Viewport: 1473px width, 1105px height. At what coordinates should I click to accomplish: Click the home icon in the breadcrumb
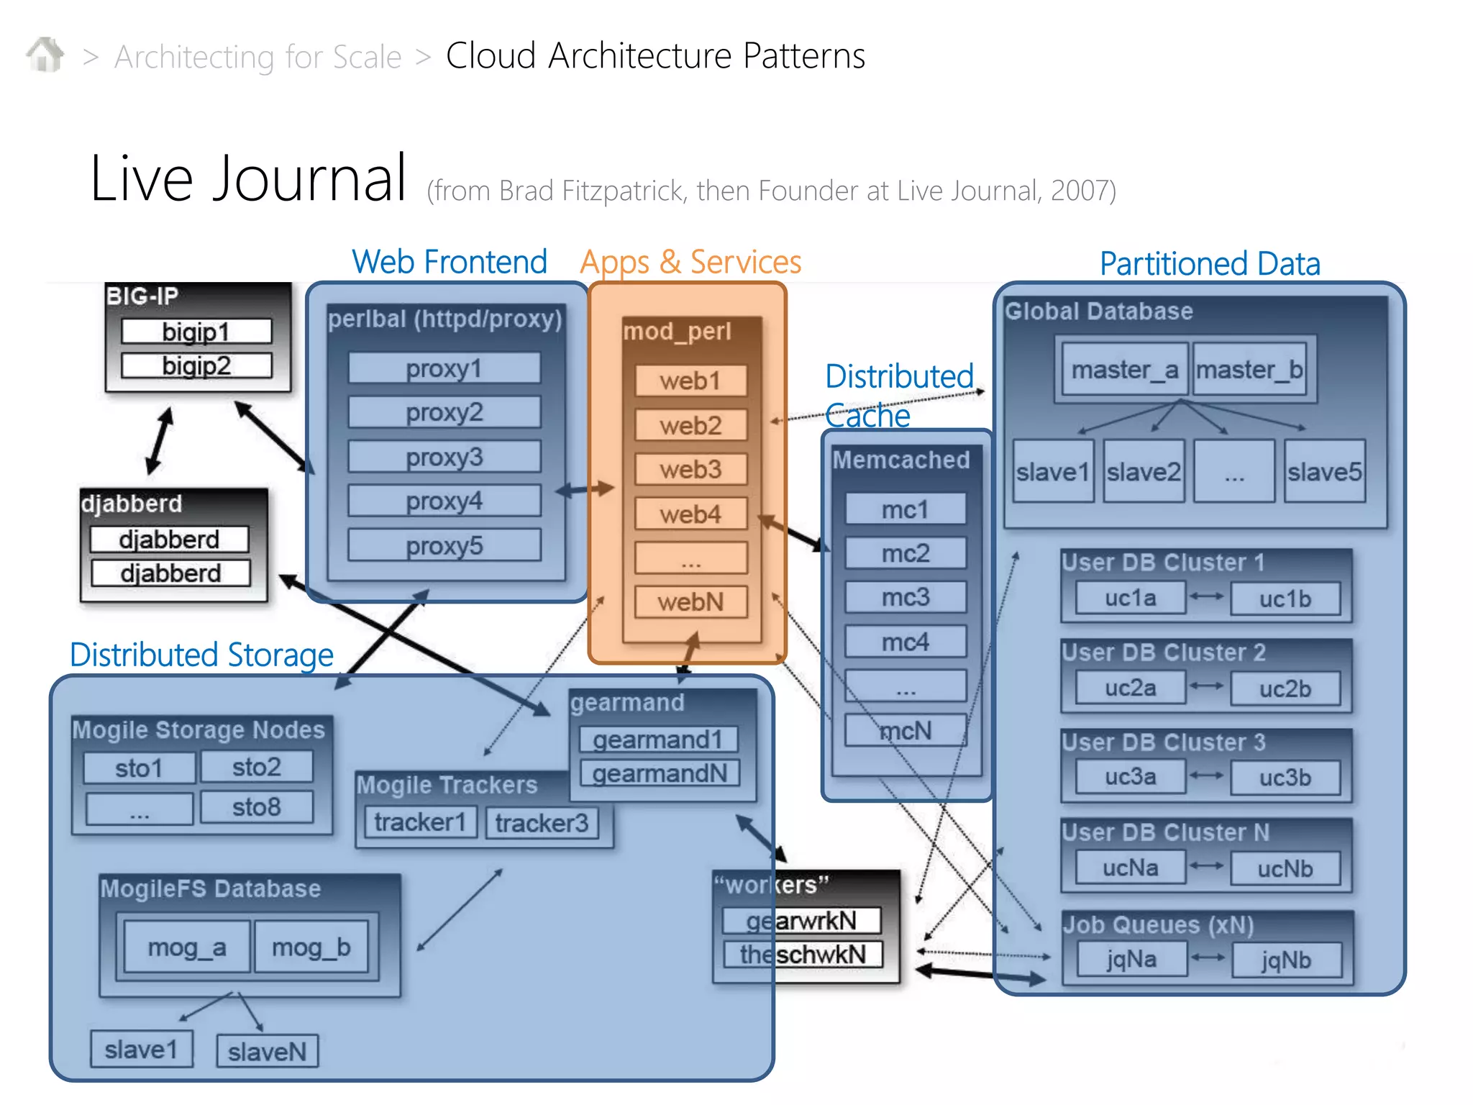point(45,55)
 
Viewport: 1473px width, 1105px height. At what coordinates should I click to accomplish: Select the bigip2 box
point(196,365)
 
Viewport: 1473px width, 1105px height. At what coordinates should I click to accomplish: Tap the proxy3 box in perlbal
point(444,457)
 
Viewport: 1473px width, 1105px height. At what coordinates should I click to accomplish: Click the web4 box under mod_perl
point(690,514)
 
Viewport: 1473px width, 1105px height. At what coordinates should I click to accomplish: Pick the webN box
point(690,601)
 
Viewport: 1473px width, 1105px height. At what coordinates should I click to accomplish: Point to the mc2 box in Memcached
point(906,553)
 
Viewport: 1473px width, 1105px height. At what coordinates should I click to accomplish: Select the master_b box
point(1249,370)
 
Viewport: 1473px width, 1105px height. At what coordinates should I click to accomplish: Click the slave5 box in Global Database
point(1324,472)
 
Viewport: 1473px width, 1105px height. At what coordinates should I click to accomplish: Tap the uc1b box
point(1285,599)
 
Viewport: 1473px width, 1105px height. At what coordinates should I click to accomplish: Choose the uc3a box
point(1130,777)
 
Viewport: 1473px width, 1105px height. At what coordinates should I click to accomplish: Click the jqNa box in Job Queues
point(1131,959)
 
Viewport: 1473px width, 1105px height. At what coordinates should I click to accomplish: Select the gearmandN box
point(660,773)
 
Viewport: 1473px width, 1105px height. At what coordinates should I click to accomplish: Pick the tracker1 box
point(420,822)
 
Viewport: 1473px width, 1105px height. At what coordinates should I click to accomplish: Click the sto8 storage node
point(256,807)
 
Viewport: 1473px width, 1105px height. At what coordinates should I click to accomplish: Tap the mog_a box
point(187,947)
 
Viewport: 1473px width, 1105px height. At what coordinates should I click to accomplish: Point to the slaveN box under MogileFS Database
point(267,1052)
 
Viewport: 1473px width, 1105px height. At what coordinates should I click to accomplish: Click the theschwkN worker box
point(803,955)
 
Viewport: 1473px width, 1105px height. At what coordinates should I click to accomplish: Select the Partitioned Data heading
point(1210,263)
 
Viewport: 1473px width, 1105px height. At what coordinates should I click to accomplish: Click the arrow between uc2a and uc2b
point(1207,686)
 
